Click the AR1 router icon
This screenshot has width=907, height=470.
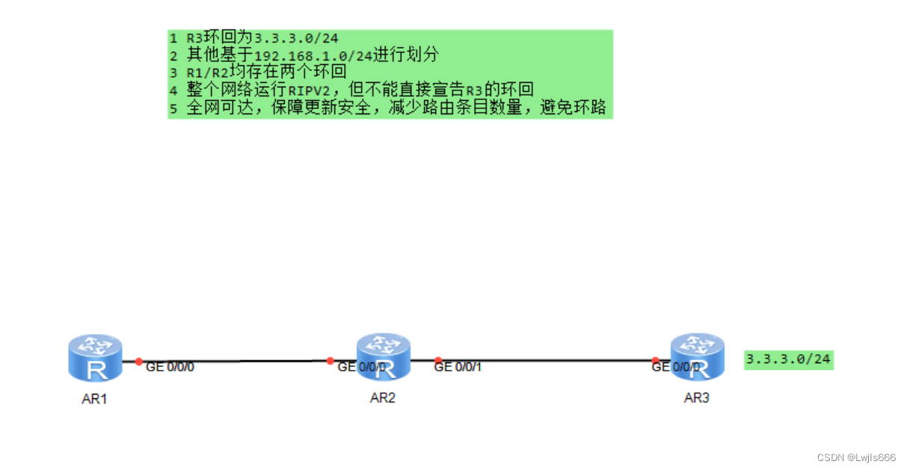(94, 358)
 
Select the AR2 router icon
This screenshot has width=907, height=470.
(383, 356)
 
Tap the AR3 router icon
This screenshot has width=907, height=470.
(697, 356)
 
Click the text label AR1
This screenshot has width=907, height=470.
(94, 399)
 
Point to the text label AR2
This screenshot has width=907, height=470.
(382, 398)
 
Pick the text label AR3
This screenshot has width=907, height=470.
(696, 398)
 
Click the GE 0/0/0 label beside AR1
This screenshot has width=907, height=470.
(170, 367)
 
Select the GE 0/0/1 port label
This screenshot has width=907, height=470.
(458, 367)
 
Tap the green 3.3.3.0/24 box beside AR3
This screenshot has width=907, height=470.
(788, 359)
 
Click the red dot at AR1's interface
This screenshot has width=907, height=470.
(139, 362)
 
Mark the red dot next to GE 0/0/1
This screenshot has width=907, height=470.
(438, 360)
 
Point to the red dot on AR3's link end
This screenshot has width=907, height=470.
(655, 360)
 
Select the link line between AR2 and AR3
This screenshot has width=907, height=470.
(546, 360)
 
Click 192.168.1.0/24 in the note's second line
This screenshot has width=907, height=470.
(313, 55)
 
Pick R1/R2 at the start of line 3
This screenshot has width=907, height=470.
(207, 73)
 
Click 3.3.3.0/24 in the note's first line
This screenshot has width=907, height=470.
(298, 38)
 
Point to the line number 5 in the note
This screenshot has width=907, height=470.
(173, 109)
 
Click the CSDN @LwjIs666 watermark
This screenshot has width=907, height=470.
(856, 457)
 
